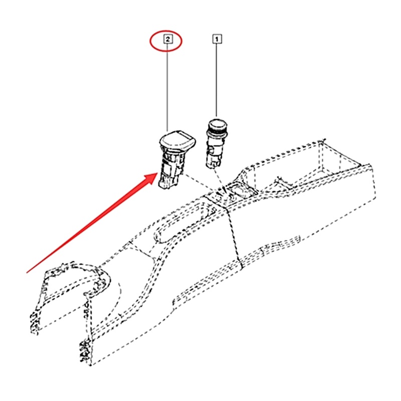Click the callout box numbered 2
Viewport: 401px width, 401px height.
pos(168,38)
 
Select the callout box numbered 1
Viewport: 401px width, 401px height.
pos(217,38)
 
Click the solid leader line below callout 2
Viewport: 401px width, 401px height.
pos(168,85)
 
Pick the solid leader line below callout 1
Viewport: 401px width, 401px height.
pos(217,80)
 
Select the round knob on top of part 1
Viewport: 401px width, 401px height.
pos(218,123)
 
